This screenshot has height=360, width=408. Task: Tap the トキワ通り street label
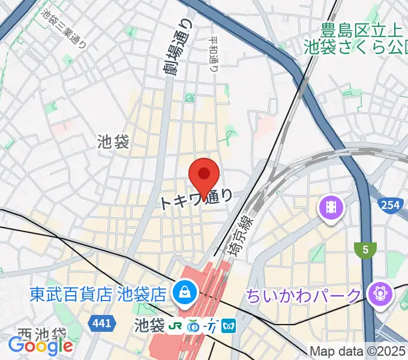pyautogui.click(x=196, y=199)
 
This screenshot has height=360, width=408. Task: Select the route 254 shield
pyautogui.click(x=390, y=205)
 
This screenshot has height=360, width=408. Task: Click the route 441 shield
pyautogui.click(x=101, y=324)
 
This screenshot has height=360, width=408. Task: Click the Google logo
pyautogui.click(x=41, y=346)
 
